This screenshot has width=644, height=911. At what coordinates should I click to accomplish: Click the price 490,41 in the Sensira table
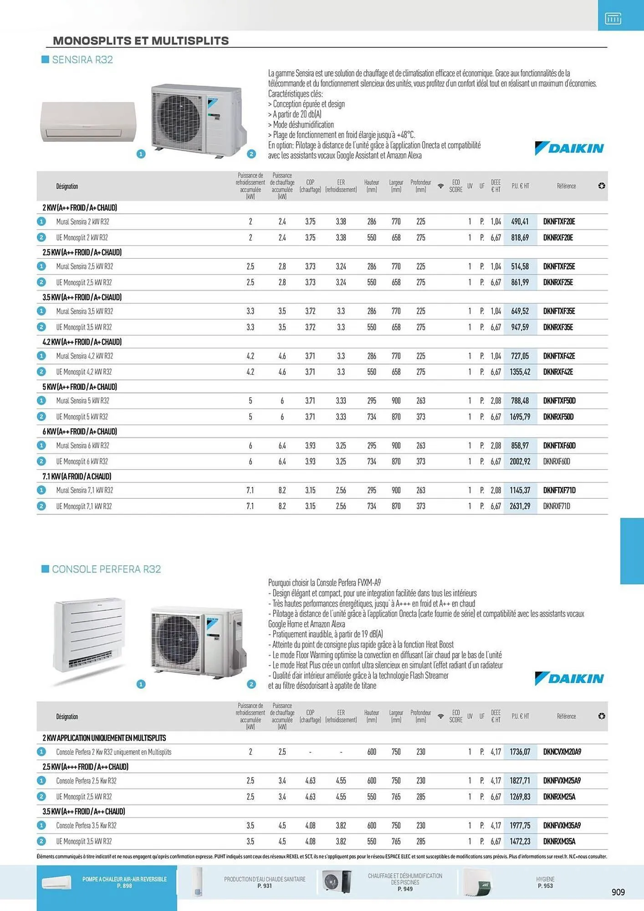pos(520,222)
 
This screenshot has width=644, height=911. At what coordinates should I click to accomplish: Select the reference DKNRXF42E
pos(558,372)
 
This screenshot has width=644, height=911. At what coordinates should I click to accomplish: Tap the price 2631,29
pos(520,506)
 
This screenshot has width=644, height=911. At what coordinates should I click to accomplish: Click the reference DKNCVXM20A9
pos(562,752)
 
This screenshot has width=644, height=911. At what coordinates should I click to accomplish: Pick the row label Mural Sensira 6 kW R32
pos(82,446)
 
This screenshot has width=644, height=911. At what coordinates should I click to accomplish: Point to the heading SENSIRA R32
pos(82,60)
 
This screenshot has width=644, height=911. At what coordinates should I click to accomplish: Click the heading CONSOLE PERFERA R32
pos(106,569)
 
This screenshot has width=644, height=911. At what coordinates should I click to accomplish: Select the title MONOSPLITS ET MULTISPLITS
pos(141,41)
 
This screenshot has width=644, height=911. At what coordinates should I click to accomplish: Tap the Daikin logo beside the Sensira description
pos(569,148)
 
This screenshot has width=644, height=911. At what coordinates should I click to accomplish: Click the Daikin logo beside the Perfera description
pos(569,679)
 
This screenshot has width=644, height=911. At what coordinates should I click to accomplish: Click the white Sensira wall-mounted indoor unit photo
pos(88,122)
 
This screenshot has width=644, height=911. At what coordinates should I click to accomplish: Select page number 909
pos(618,892)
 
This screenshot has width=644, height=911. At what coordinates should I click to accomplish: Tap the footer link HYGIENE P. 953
pos(545,882)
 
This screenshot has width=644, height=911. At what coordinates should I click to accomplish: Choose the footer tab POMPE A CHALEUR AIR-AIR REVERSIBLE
pos(124,882)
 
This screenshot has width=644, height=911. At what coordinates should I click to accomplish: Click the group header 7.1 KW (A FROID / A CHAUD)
pos(77,476)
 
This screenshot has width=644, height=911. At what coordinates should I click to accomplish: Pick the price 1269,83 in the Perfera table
pos(520,797)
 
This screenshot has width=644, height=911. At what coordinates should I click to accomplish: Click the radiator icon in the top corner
pos(613,19)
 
